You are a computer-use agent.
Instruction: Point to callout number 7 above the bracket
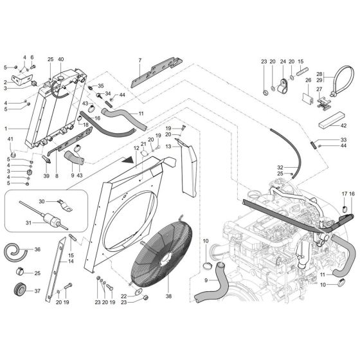point(139,61)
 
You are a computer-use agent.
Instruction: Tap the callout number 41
point(10,139)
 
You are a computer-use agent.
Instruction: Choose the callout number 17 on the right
point(344,194)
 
